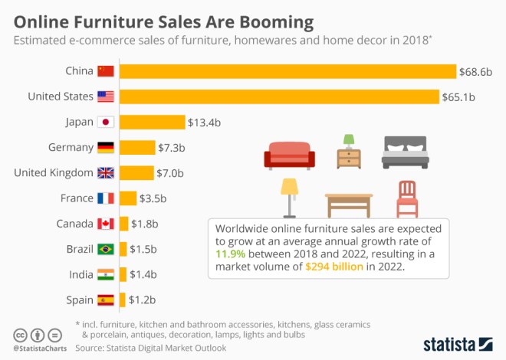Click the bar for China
(x=287, y=71)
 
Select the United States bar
(x=279, y=97)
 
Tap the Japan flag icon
(x=105, y=122)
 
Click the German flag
(x=105, y=147)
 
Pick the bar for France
(x=127, y=198)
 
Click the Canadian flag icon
(x=105, y=224)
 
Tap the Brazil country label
(x=80, y=249)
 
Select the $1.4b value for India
(x=142, y=274)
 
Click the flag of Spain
(x=105, y=299)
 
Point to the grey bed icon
(x=406, y=152)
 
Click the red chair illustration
(x=407, y=199)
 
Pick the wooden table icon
(x=349, y=204)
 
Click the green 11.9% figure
(x=231, y=253)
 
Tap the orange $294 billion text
(x=337, y=266)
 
